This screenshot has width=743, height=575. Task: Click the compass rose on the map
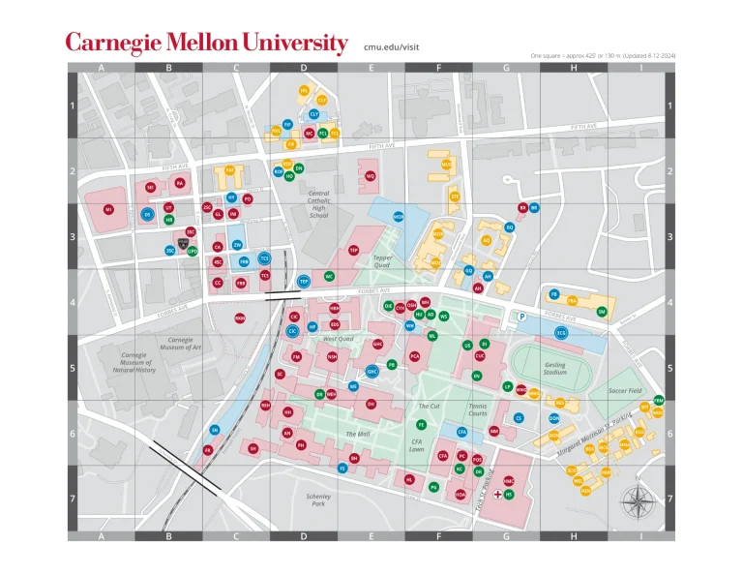click(x=636, y=500)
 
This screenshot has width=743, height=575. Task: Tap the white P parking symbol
click(x=521, y=317)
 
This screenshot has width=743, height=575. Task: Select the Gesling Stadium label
click(x=554, y=369)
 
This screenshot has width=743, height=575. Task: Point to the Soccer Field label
click(x=626, y=391)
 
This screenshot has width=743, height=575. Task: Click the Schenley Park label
click(x=318, y=500)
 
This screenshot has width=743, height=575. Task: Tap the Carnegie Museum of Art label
click(x=181, y=344)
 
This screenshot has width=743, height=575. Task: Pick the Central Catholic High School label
click(x=318, y=204)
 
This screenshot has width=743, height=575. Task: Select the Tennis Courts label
click(x=478, y=409)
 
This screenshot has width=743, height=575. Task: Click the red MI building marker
click(x=108, y=209)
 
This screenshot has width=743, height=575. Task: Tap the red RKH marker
click(x=240, y=318)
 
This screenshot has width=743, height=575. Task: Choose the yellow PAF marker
click(x=230, y=169)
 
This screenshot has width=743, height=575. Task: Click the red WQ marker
click(x=371, y=176)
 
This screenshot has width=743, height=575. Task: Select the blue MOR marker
click(x=399, y=217)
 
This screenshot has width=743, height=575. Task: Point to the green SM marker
click(x=602, y=311)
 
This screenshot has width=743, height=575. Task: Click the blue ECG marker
click(x=560, y=333)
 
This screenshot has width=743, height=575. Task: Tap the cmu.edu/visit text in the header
click(x=392, y=45)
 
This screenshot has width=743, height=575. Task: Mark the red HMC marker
click(x=509, y=481)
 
